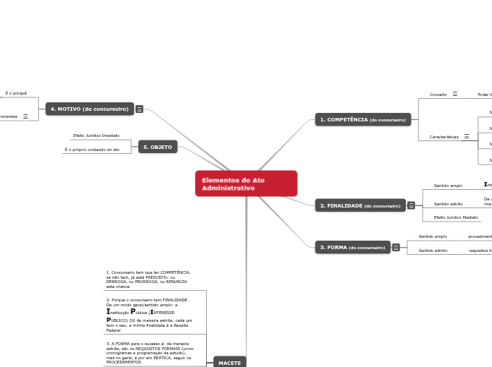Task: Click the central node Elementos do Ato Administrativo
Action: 246,183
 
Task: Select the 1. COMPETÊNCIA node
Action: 363,120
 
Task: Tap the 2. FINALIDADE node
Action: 360,205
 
